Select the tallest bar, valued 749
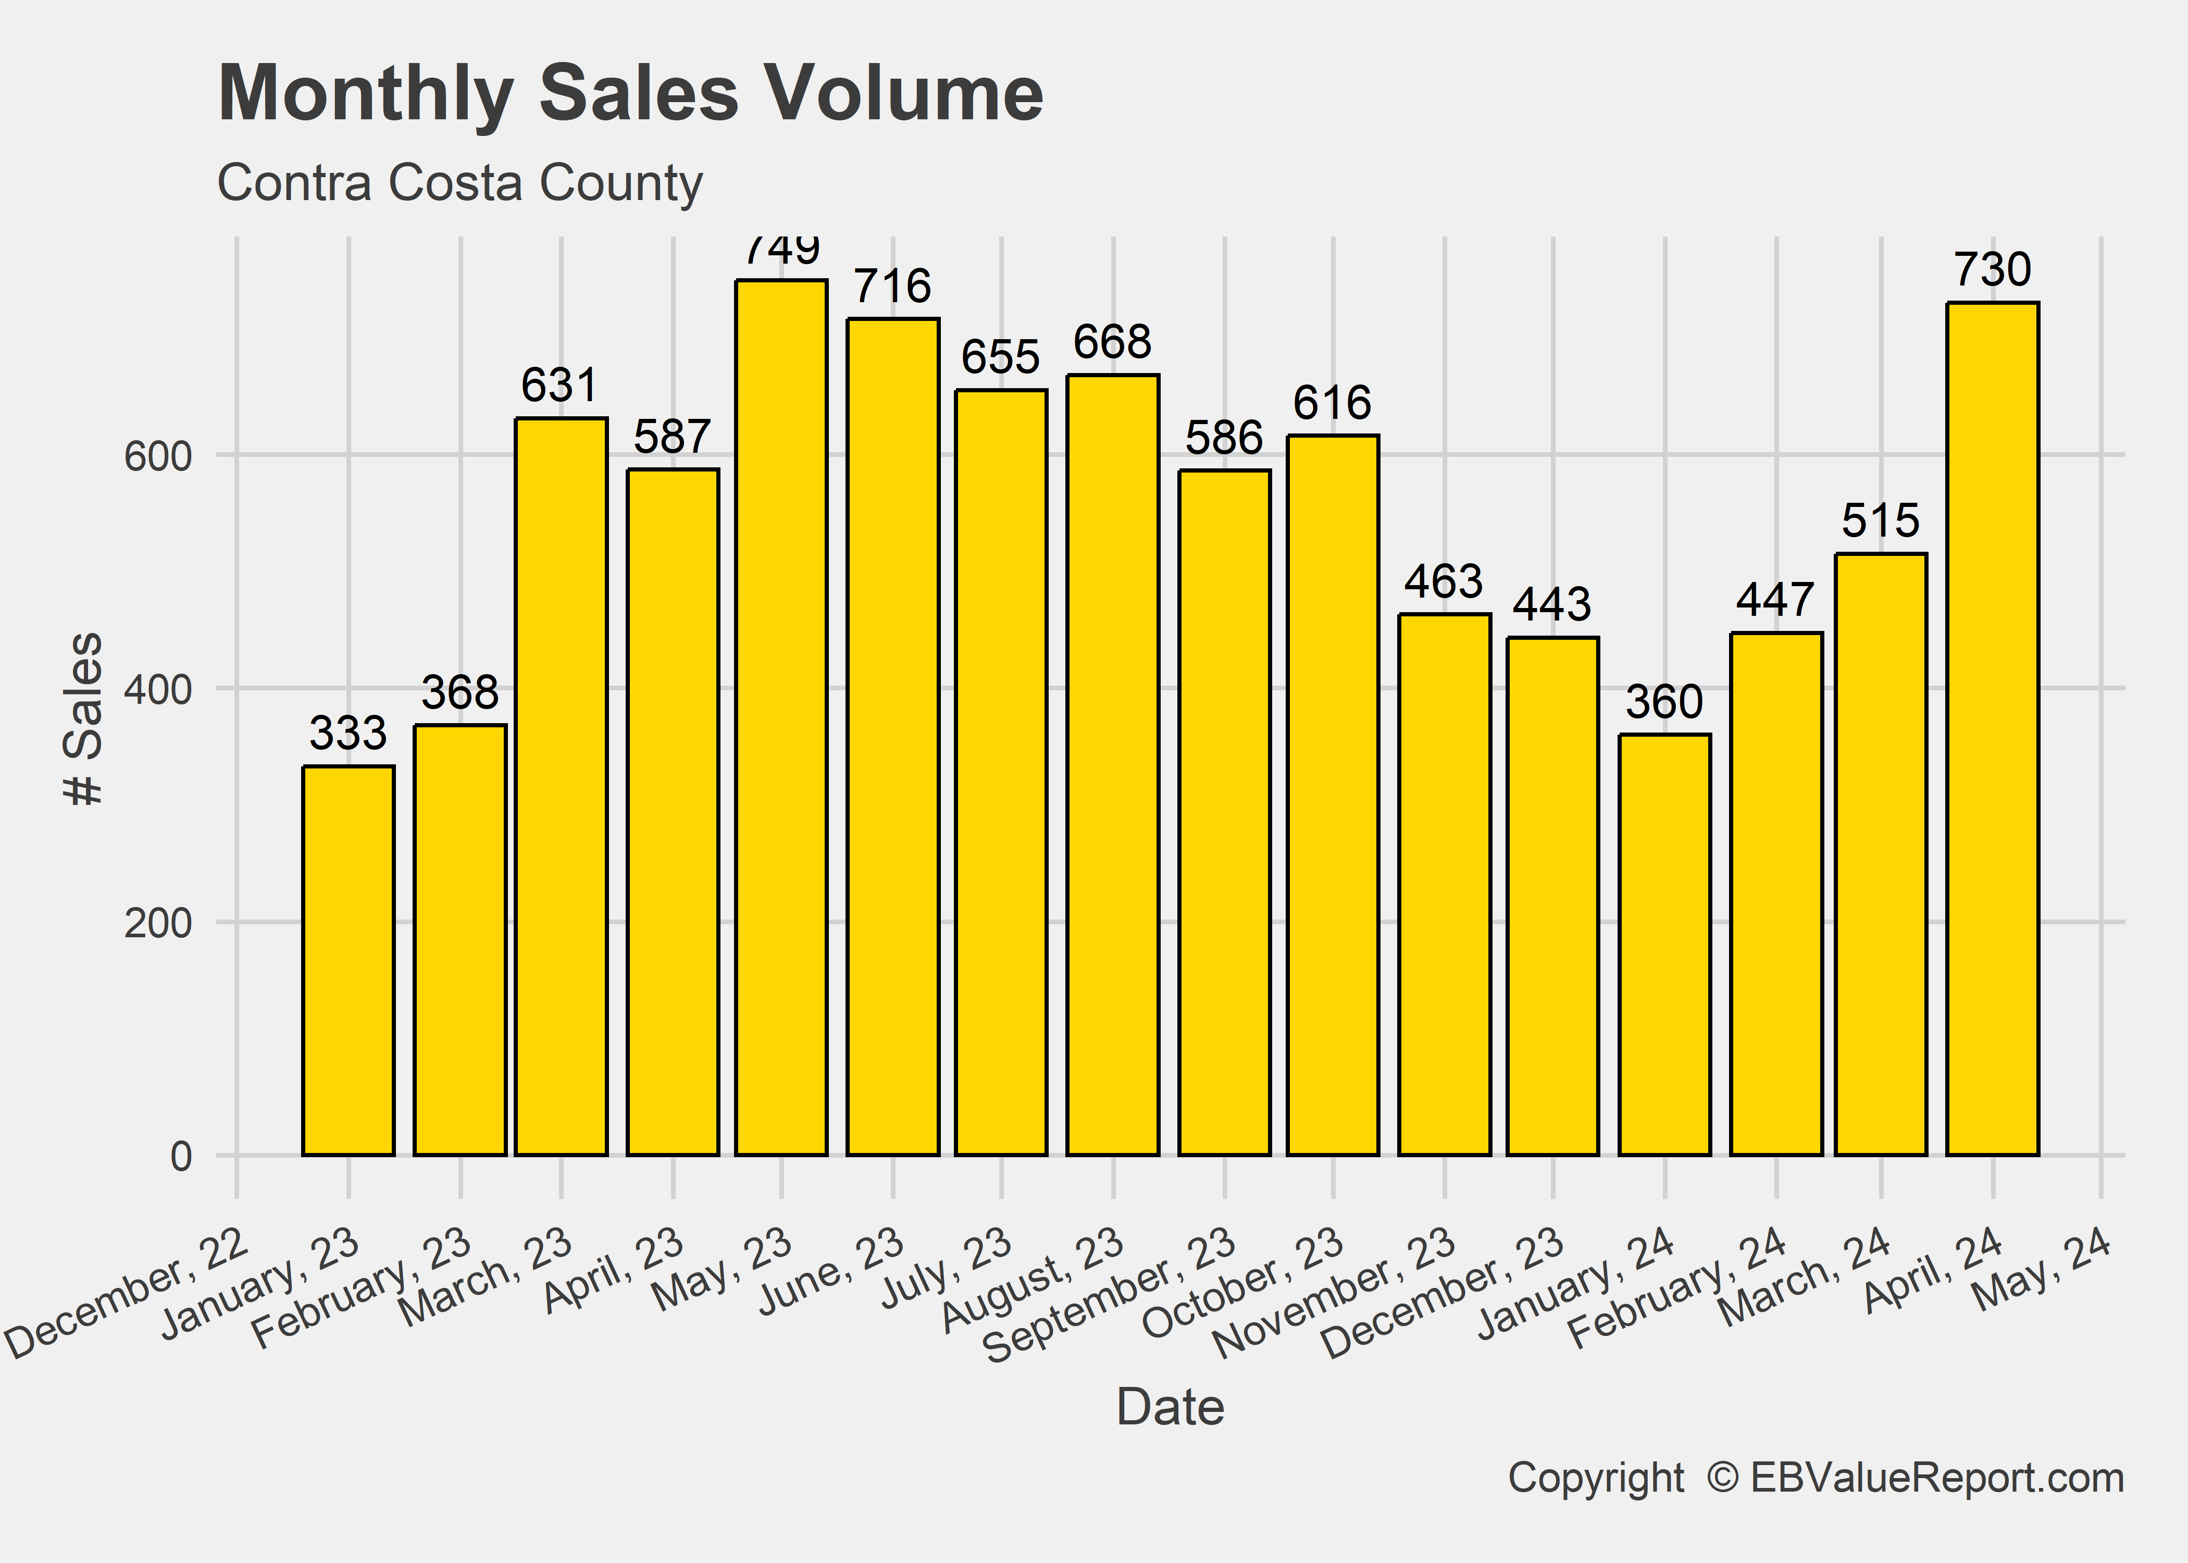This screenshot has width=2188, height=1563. tap(781, 717)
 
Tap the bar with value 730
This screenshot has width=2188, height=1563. tap(1992, 728)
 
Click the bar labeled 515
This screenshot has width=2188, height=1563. tap(1880, 854)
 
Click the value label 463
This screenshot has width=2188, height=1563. tap(1443, 581)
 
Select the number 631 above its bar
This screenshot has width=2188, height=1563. tap(560, 386)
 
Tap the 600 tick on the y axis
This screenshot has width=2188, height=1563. tap(158, 456)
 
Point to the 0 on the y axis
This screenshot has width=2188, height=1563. tap(181, 1156)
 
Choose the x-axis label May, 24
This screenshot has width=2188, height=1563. tap(2042, 1270)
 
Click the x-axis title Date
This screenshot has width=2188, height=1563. tap(1170, 1407)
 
